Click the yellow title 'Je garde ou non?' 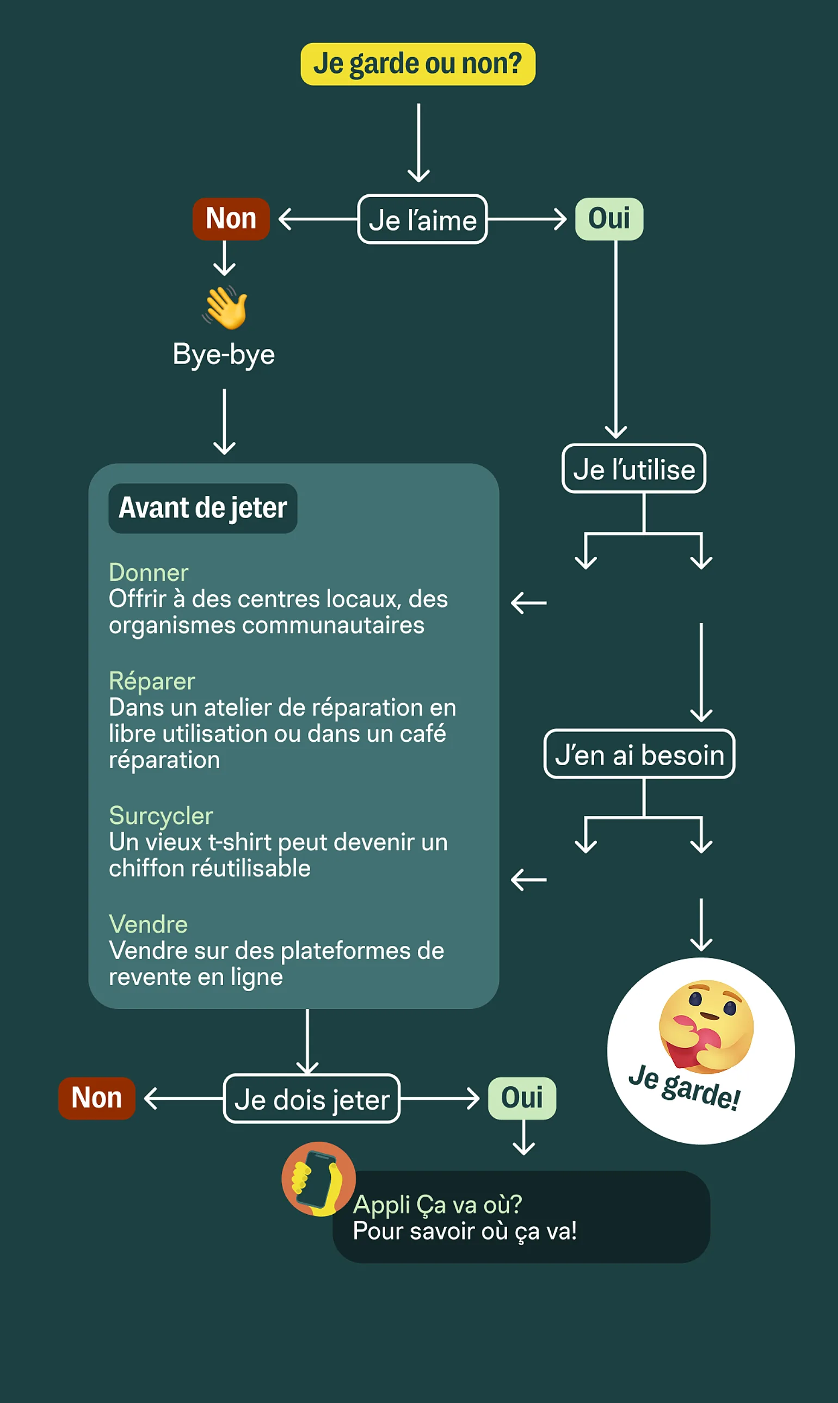[418, 64]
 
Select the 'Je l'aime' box [422, 219]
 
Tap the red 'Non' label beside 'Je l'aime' [231, 218]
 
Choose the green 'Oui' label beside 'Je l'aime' [609, 218]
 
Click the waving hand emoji [225, 307]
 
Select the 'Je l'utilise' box [634, 469]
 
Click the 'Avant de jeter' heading [203, 508]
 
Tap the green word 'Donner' [149, 573]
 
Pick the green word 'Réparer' [152, 681]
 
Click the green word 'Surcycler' [161, 816]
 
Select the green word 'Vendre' [148, 924]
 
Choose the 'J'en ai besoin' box [639, 754]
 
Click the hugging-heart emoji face [706, 1026]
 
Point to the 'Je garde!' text [684, 1087]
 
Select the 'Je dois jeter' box [312, 1099]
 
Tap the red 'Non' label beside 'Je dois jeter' [96, 1098]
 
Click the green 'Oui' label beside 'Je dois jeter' [522, 1098]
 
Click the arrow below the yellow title [418, 142]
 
